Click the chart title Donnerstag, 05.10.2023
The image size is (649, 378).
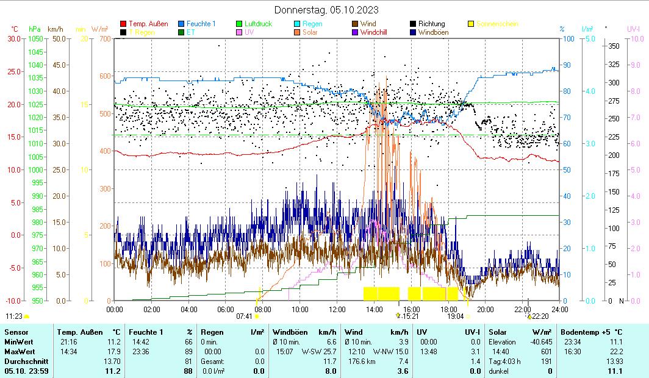[x=326, y=10]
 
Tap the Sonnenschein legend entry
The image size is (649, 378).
[x=497, y=24]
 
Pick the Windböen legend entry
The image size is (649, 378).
[x=436, y=32]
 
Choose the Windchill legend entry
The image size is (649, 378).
[x=373, y=32]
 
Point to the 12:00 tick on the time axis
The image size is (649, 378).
[x=337, y=309]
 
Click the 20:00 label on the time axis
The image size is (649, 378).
[x=486, y=309]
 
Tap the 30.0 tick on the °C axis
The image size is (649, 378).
[x=12, y=38]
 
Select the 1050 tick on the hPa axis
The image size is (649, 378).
[x=36, y=38]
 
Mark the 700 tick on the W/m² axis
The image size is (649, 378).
[x=105, y=38]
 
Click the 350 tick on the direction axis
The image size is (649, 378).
[x=614, y=46]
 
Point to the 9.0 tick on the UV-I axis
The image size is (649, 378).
[x=634, y=65]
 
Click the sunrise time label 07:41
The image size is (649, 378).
[x=244, y=316]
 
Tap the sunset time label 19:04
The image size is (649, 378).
[x=455, y=316]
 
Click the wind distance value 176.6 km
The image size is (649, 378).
[x=359, y=361]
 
